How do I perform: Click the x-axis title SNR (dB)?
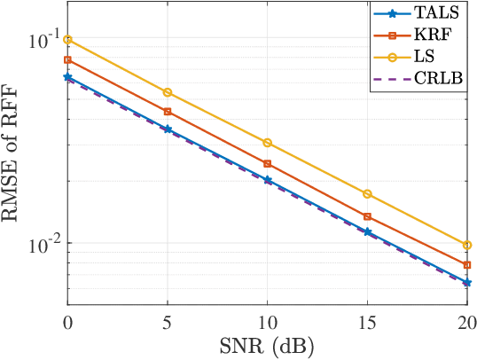coord(268,345)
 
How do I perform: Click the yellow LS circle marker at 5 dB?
coord(168,92)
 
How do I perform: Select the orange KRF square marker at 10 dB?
coord(268,164)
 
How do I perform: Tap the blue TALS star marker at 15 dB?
coord(368,231)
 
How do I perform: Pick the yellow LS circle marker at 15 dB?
coord(368,194)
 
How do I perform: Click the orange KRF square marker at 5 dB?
coord(168,112)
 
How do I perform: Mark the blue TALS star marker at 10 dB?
coord(268,180)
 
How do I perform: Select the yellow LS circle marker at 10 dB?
coord(268,143)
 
